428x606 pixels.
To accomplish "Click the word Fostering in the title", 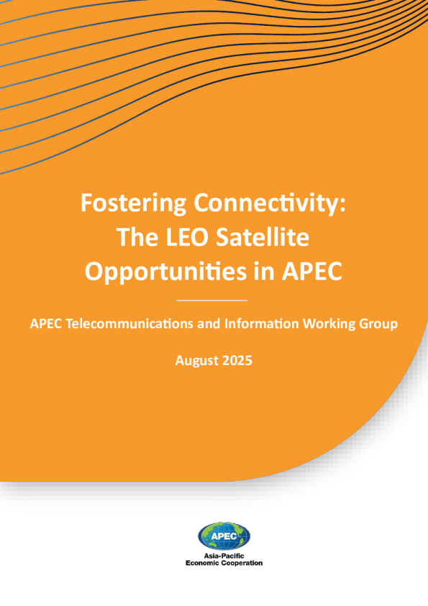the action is point(133,204).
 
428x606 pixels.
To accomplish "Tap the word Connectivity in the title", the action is point(270,204).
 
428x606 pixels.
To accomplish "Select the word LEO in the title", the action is point(188,237).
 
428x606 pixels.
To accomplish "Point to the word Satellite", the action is point(263,237).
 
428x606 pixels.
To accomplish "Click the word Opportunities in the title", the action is point(166,272).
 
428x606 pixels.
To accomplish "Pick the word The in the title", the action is point(138,237).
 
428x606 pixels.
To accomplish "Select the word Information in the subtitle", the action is point(262,323).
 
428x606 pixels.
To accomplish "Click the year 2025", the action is point(234,361).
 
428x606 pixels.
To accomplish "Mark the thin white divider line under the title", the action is point(211,300).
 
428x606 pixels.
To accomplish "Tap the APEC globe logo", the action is point(224,536).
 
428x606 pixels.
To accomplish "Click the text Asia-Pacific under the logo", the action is point(224,556).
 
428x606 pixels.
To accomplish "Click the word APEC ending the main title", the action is point(312,271).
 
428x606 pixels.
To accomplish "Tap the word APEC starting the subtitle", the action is point(46,323).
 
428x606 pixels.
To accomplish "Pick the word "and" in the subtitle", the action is point(209,323).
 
